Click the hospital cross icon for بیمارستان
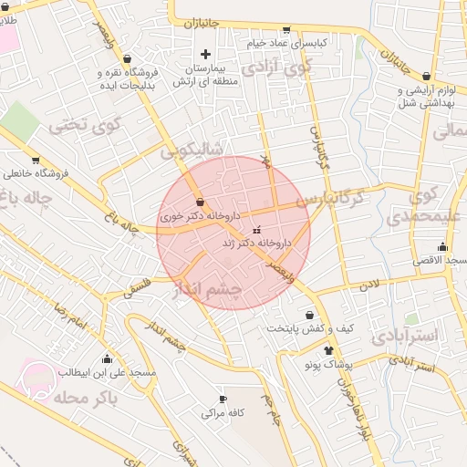pos(205,54)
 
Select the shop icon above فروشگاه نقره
pos(128,58)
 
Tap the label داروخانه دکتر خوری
pos(200,217)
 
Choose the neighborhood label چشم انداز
pos(207,290)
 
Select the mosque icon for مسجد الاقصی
pos(443,246)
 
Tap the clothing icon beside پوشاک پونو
pos(329,350)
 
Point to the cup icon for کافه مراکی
pos(223,400)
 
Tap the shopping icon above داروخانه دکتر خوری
pos(200,202)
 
